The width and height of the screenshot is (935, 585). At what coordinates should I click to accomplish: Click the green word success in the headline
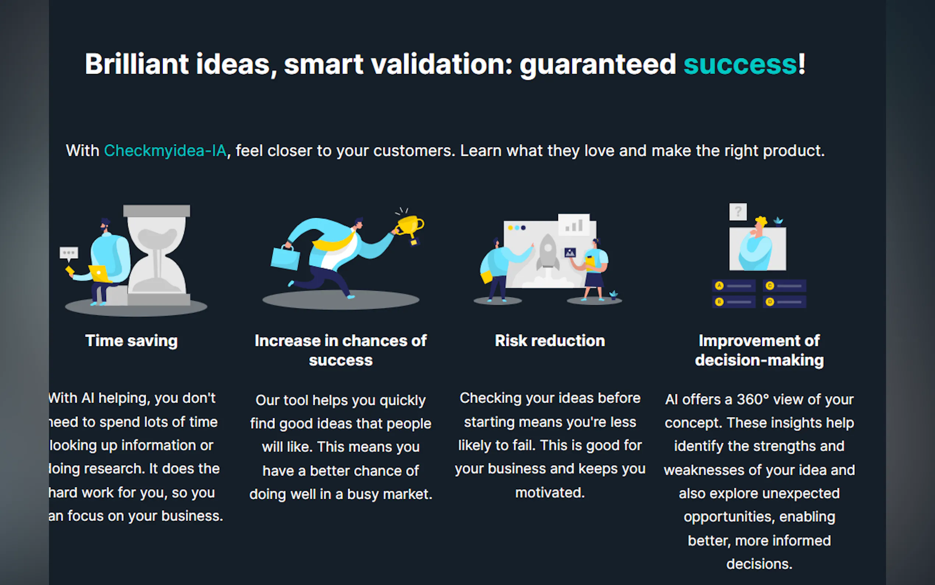point(740,64)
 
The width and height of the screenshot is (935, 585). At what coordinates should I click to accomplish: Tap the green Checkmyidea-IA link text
point(165,151)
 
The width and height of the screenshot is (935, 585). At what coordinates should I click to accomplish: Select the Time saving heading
point(131,341)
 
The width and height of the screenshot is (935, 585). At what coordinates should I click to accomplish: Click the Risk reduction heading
point(550,341)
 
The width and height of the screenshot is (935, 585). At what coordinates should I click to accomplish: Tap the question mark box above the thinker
point(737,211)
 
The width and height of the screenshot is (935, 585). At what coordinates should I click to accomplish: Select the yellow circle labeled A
point(719,286)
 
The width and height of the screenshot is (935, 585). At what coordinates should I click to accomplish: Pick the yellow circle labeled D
point(770,302)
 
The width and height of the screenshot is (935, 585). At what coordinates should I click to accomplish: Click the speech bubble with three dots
point(69,253)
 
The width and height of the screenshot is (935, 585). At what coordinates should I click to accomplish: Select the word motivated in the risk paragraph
point(550,493)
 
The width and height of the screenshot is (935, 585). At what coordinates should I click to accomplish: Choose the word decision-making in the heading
point(759,360)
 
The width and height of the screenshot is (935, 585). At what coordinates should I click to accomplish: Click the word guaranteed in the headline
point(597,64)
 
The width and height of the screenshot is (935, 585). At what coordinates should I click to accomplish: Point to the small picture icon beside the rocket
point(570,253)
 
